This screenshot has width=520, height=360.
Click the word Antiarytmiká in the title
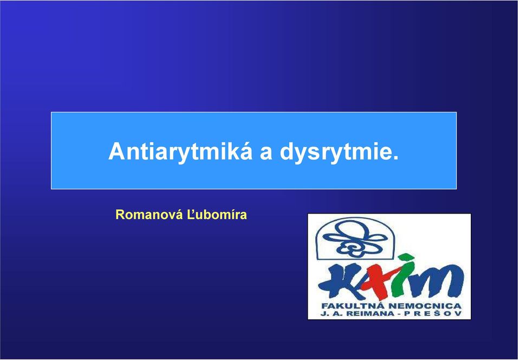point(180,152)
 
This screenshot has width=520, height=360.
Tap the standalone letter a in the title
point(266,153)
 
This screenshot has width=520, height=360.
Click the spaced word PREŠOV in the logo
point(432,313)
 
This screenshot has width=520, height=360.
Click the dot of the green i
point(406,258)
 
